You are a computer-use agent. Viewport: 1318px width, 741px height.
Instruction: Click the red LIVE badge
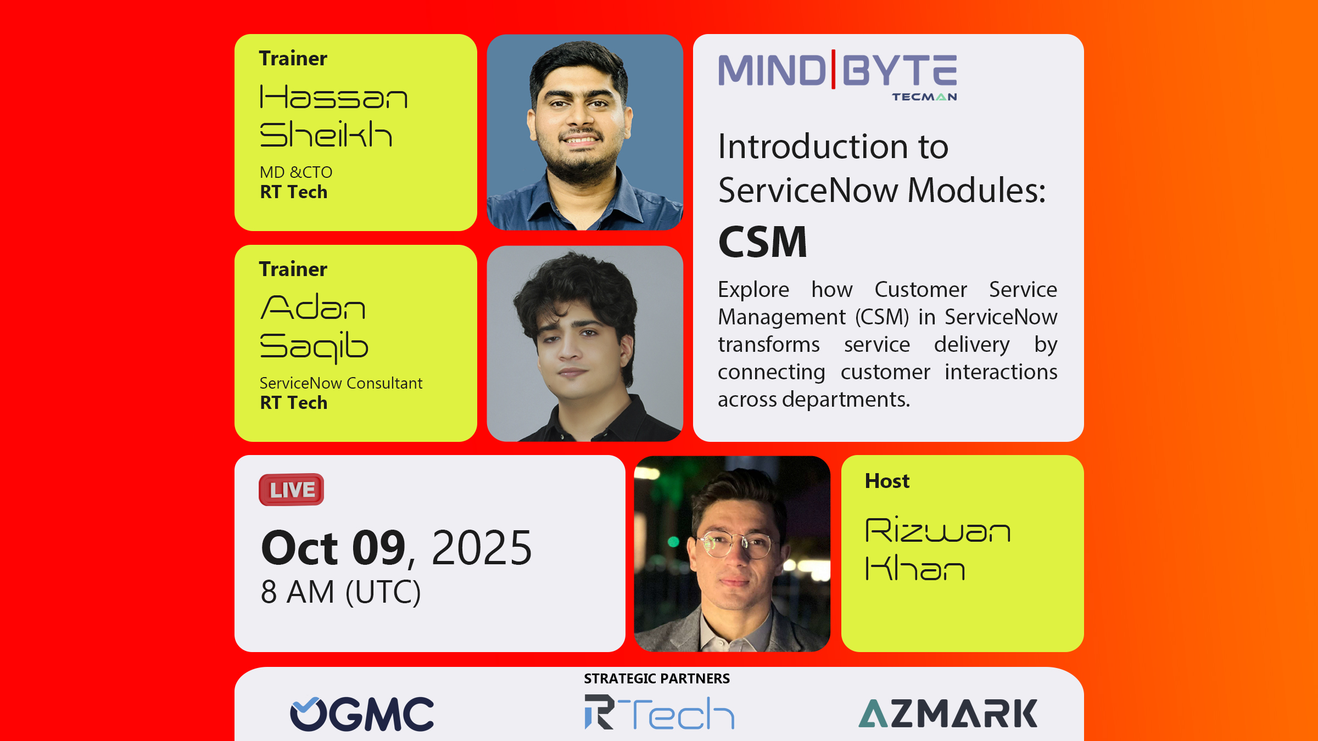pos(292,490)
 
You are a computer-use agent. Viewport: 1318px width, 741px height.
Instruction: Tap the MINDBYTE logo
pos(838,75)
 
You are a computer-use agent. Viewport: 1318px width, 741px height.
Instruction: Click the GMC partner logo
pos(362,714)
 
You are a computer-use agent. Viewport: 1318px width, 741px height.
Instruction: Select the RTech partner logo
pos(660,712)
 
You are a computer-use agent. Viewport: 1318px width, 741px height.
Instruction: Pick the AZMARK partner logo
pos(948,714)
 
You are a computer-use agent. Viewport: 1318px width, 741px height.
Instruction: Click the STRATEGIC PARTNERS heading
pos(657,679)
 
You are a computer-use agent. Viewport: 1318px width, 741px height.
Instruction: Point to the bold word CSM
pos(763,242)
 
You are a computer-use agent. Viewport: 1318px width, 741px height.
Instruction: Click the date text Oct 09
pos(333,548)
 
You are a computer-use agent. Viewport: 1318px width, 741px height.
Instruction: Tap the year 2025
pos(482,548)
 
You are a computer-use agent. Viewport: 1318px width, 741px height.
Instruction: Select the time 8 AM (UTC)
pos(341,592)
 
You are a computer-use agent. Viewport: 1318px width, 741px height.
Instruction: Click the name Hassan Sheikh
pos(333,116)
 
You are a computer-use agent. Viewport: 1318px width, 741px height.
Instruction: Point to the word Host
pos(887,481)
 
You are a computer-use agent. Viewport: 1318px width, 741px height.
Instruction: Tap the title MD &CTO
pos(296,172)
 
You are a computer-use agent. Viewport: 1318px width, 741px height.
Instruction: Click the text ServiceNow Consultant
pos(341,383)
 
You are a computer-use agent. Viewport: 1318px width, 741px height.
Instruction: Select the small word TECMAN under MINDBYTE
pos(925,97)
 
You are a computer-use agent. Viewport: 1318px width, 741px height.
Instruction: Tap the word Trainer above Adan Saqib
pos(293,270)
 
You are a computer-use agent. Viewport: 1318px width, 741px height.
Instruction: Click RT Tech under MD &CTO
pos(294,192)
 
